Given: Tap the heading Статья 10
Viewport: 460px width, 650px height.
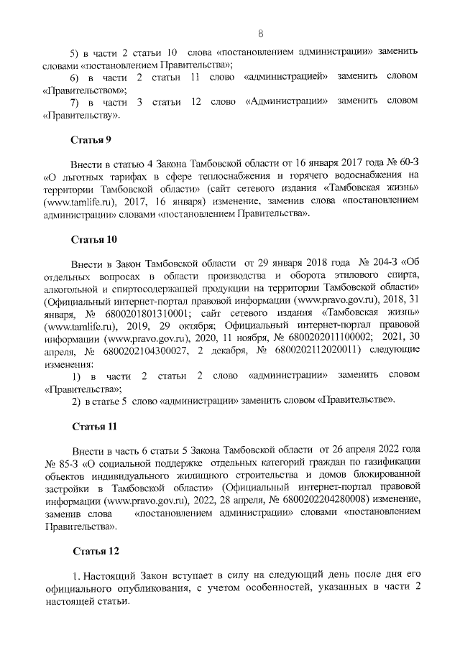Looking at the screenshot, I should [93, 238].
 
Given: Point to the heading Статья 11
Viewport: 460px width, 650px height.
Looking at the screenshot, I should [93, 426].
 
